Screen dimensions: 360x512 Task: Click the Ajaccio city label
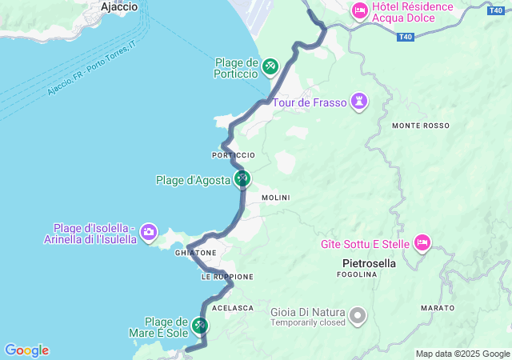click(x=120, y=6)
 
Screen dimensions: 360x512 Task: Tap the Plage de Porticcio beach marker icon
click(x=270, y=65)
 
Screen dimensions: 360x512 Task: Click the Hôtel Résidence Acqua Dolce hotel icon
click(x=359, y=10)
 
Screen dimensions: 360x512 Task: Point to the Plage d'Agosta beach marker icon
click(x=242, y=179)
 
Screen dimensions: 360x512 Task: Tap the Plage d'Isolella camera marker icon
click(x=149, y=233)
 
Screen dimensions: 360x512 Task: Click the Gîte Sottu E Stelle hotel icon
click(x=422, y=242)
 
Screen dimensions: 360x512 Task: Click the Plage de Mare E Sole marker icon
click(x=200, y=326)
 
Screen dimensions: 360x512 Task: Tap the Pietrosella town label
click(x=369, y=262)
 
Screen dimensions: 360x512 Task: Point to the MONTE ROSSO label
click(x=421, y=126)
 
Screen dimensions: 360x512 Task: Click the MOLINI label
click(x=276, y=198)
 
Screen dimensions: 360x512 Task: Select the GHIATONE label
click(x=196, y=253)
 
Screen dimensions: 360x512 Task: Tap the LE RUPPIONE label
click(x=227, y=277)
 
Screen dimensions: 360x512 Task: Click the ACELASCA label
click(x=233, y=308)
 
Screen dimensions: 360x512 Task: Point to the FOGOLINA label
click(x=357, y=274)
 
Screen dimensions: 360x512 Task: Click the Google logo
click(x=26, y=350)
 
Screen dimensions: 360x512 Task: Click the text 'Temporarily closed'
click(x=308, y=322)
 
